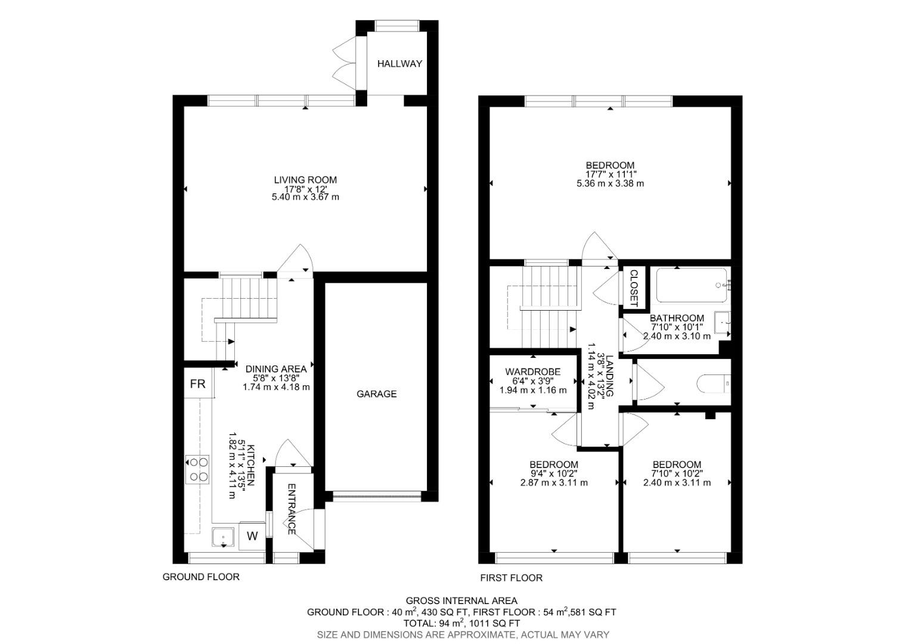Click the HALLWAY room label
click(x=399, y=64)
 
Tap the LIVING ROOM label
click(x=305, y=179)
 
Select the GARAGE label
click(x=376, y=394)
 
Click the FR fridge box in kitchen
click(x=197, y=384)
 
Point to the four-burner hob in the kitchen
click(x=197, y=469)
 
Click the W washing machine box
click(x=252, y=536)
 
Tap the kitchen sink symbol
click(x=224, y=538)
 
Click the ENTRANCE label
click(x=292, y=509)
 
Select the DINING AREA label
click(x=276, y=369)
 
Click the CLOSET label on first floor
click(x=634, y=288)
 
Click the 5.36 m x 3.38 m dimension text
click(x=610, y=184)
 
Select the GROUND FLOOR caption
click(x=201, y=577)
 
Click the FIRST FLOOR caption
click(x=512, y=578)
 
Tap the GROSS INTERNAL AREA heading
click(x=461, y=600)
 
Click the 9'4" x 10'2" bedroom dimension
click(x=554, y=474)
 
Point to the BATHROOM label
click(x=677, y=318)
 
